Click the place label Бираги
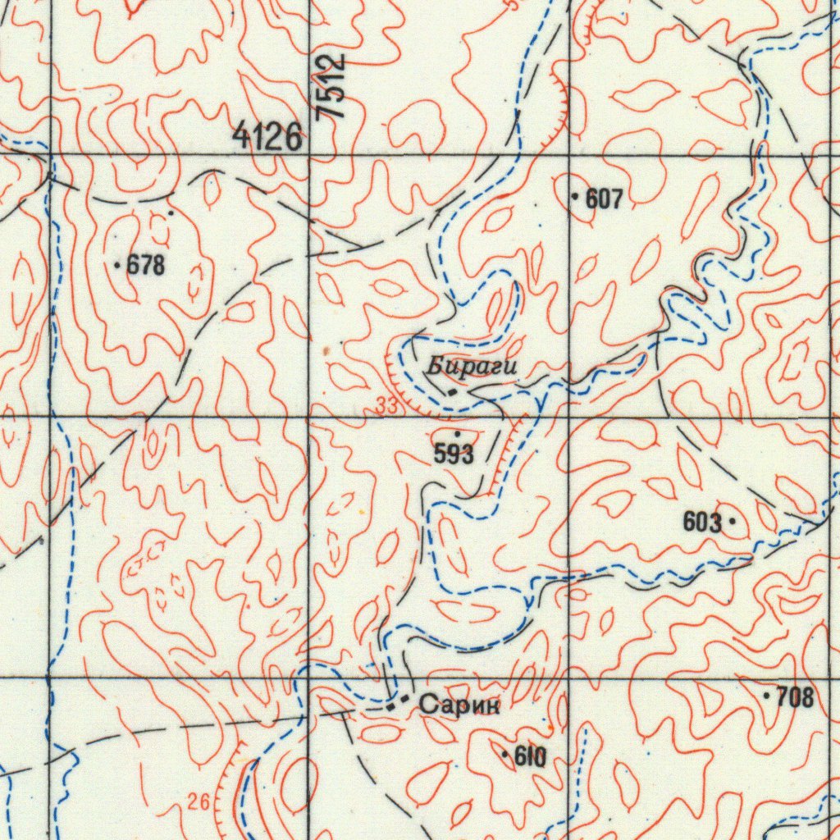coord(472,367)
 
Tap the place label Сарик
coord(459,704)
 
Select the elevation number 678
coord(146,265)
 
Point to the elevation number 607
coord(605,198)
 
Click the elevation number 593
coord(454,454)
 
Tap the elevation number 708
coord(795,697)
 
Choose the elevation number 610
coord(530,756)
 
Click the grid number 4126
coord(267,135)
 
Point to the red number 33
coord(386,404)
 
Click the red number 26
coord(198,803)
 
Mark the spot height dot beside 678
coord(118,265)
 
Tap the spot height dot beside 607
coord(575,197)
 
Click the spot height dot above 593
coord(457,432)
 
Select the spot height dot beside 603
coord(732,520)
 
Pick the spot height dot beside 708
coord(767,696)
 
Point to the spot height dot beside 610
coord(504,752)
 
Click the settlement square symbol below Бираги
coord(452,393)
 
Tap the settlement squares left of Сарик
coord(398,701)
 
